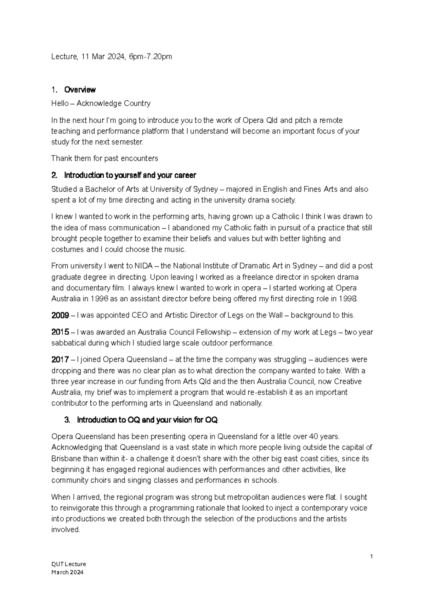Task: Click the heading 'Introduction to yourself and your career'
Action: tap(130, 175)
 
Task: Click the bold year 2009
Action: tap(60, 315)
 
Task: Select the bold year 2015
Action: tap(60, 332)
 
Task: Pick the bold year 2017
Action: tap(60, 360)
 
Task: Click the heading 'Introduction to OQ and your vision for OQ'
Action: tap(147, 420)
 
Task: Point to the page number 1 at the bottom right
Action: tap(371, 557)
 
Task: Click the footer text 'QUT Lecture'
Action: tap(69, 564)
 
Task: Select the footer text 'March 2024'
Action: tap(67, 572)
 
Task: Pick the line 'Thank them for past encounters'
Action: tap(104, 158)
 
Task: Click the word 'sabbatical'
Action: tap(68, 343)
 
